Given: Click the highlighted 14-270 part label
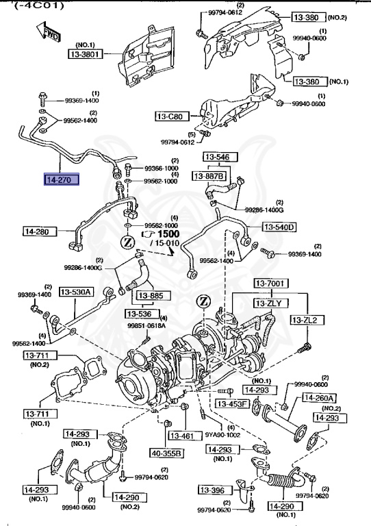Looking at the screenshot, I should point(61,181).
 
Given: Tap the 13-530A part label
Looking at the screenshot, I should point(76,292).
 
